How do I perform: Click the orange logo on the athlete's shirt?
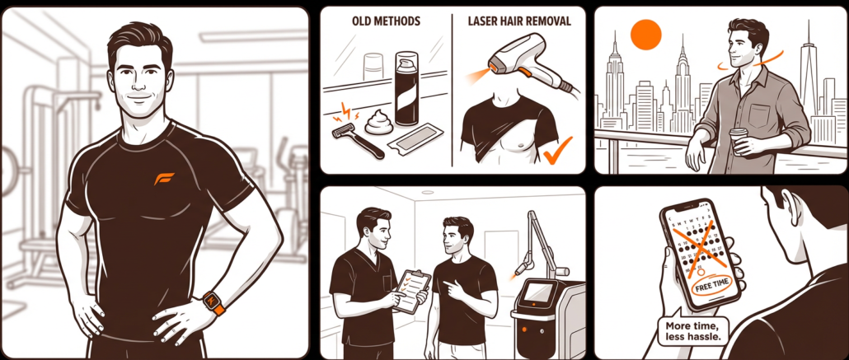(x=163, y=179)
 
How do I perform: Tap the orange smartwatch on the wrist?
(x=214, y=302)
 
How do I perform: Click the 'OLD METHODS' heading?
(x=386, y=21)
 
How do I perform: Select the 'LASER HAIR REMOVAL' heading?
(x=518, y=21)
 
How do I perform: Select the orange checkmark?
(x=558, y=151)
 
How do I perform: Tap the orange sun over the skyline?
(x=646, y=35)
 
